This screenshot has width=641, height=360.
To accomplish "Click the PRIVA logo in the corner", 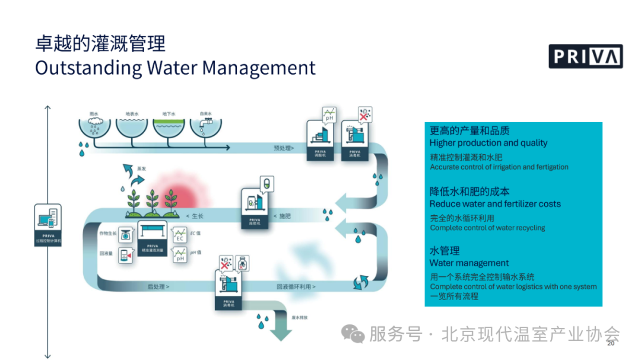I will [585, 56].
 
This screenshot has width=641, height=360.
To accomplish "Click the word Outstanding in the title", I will [88, 67].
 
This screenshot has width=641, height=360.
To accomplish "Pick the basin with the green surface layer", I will [170, 128].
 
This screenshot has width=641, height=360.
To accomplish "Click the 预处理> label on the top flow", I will [284, 148].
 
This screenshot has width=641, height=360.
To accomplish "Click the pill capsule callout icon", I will [267, 183].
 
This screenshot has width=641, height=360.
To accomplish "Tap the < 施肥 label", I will [284, 216].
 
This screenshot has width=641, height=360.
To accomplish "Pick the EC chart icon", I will [180, 235].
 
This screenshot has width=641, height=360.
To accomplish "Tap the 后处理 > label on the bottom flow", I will [158, 286].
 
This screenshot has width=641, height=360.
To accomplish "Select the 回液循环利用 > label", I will [296, 286].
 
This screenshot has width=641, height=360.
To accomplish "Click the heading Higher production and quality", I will [488, 143].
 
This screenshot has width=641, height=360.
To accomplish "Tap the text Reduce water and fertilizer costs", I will [495, 204].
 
